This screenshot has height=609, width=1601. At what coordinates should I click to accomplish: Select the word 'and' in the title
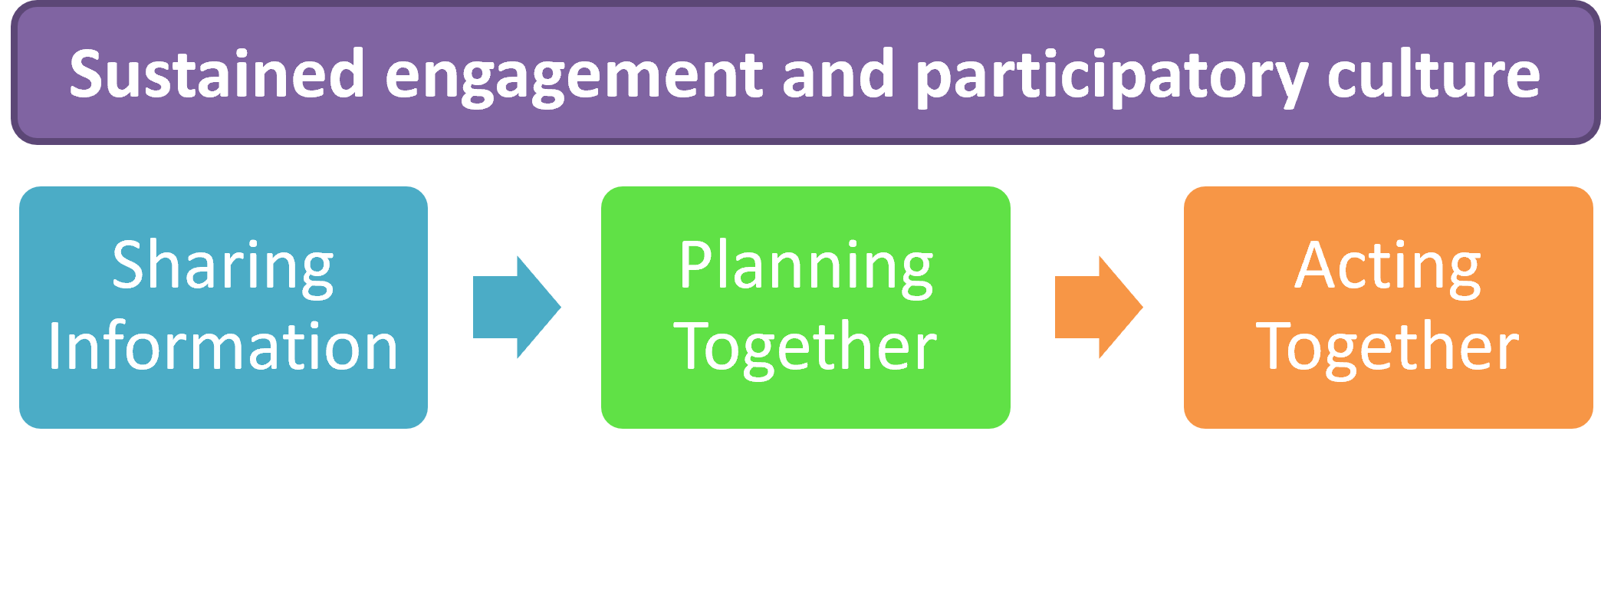838,74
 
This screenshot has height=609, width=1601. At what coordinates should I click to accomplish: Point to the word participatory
1112,77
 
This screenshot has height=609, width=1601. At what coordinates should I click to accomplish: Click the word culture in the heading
1433,74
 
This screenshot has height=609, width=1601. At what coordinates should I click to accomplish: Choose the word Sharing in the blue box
223,266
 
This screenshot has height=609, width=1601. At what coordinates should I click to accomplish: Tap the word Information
223,347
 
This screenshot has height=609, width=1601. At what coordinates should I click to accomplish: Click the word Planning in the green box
806,266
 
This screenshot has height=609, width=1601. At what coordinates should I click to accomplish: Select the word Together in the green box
806,347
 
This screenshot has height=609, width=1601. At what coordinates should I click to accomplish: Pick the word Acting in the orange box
1388,266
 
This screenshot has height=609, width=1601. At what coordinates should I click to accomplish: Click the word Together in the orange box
1388,347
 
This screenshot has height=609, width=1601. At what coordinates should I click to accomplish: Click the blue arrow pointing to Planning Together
516,307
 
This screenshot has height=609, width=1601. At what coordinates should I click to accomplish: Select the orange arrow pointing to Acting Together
1098,307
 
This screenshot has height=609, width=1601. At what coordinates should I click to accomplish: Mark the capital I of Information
55,347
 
